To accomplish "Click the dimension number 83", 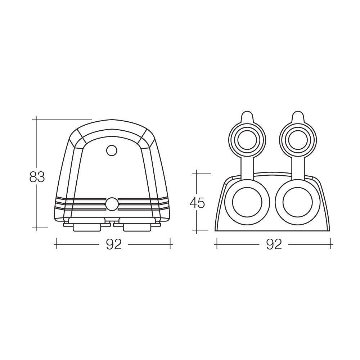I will [37, 177].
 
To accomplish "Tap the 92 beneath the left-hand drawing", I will [114, 244].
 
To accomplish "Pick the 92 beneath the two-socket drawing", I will [274, 244].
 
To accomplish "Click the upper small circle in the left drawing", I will [112, 150].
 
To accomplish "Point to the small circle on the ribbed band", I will [112, 204].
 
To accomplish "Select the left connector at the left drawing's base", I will [87, 225].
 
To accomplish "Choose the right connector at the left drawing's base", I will [137, 225].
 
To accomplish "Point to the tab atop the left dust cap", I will [247, 117].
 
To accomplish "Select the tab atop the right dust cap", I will [297, 117].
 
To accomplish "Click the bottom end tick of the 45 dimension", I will [197, 230].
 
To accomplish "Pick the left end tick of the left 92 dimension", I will [56, 244].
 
